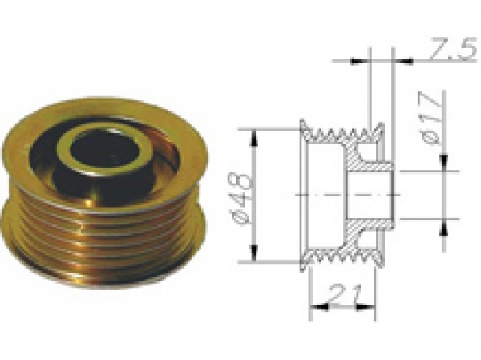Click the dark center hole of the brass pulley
(103, 153)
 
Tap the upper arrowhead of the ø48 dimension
(254, 137)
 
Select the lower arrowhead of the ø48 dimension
(254, 253)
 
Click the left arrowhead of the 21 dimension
(319, 306)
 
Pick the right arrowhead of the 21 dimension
(366, 306)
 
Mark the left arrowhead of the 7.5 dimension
(359, 62)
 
